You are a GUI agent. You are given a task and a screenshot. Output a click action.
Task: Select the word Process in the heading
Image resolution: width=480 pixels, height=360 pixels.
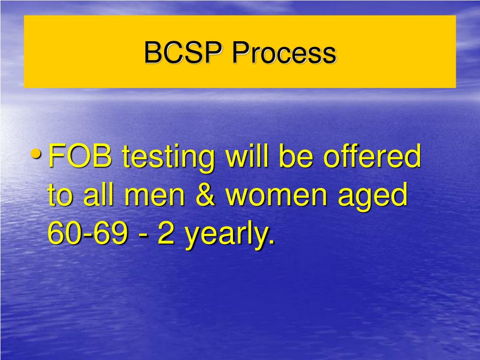[283, 52]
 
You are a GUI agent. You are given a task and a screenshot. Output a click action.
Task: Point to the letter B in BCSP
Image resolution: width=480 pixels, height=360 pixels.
[152, 52]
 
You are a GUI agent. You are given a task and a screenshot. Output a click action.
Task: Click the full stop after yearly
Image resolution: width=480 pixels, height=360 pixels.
[271, 243]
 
